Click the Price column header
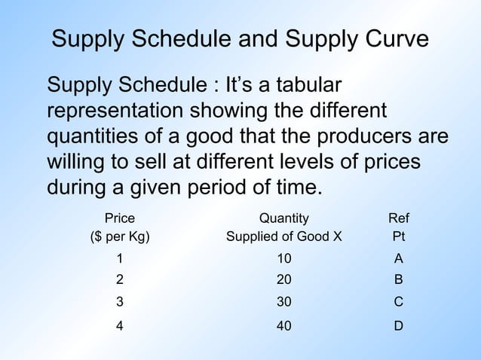coord(119,219)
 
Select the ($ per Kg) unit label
coord(119,236)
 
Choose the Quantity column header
coord(283,219)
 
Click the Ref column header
coord(398,219)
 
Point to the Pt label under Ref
coord(398,236)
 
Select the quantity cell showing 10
coord(283,258)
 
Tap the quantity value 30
coord(283,302)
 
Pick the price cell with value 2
coord(119,279)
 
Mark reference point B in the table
coord(398,279)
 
